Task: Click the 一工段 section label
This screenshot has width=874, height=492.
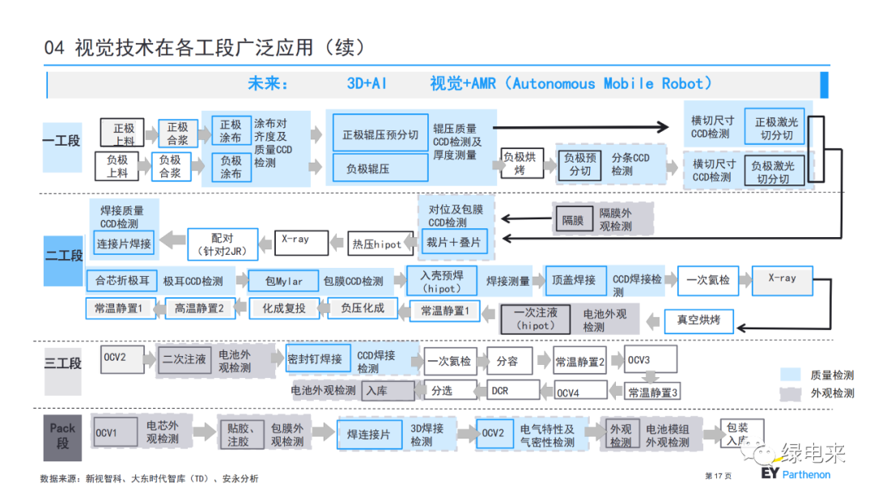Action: click(x=62, y=141)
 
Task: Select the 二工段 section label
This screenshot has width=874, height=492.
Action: click(x=63, y=256)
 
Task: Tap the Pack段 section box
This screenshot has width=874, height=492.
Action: click(x=62, y=435)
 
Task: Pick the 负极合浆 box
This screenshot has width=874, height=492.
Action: click(x=170, y=168)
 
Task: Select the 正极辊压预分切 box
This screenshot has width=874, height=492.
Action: click(x=380, y=134)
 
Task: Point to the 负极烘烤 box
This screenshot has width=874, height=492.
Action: click(x=519, y=164)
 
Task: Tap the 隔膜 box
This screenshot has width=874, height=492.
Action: click(x=573, y=220)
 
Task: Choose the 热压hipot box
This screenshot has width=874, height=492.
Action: click(x=376, y=244)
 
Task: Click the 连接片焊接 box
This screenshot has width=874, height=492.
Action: click(x=123, y=243)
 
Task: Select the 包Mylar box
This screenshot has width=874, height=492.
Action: click(x=283, y=281)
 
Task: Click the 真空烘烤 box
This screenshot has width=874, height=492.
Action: click(x=698, y=320)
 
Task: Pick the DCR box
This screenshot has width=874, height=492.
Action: click(x=500, y=390)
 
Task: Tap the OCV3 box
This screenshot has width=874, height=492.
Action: click(x=639, y=360)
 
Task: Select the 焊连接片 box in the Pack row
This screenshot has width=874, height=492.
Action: click(x=368, y=435)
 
